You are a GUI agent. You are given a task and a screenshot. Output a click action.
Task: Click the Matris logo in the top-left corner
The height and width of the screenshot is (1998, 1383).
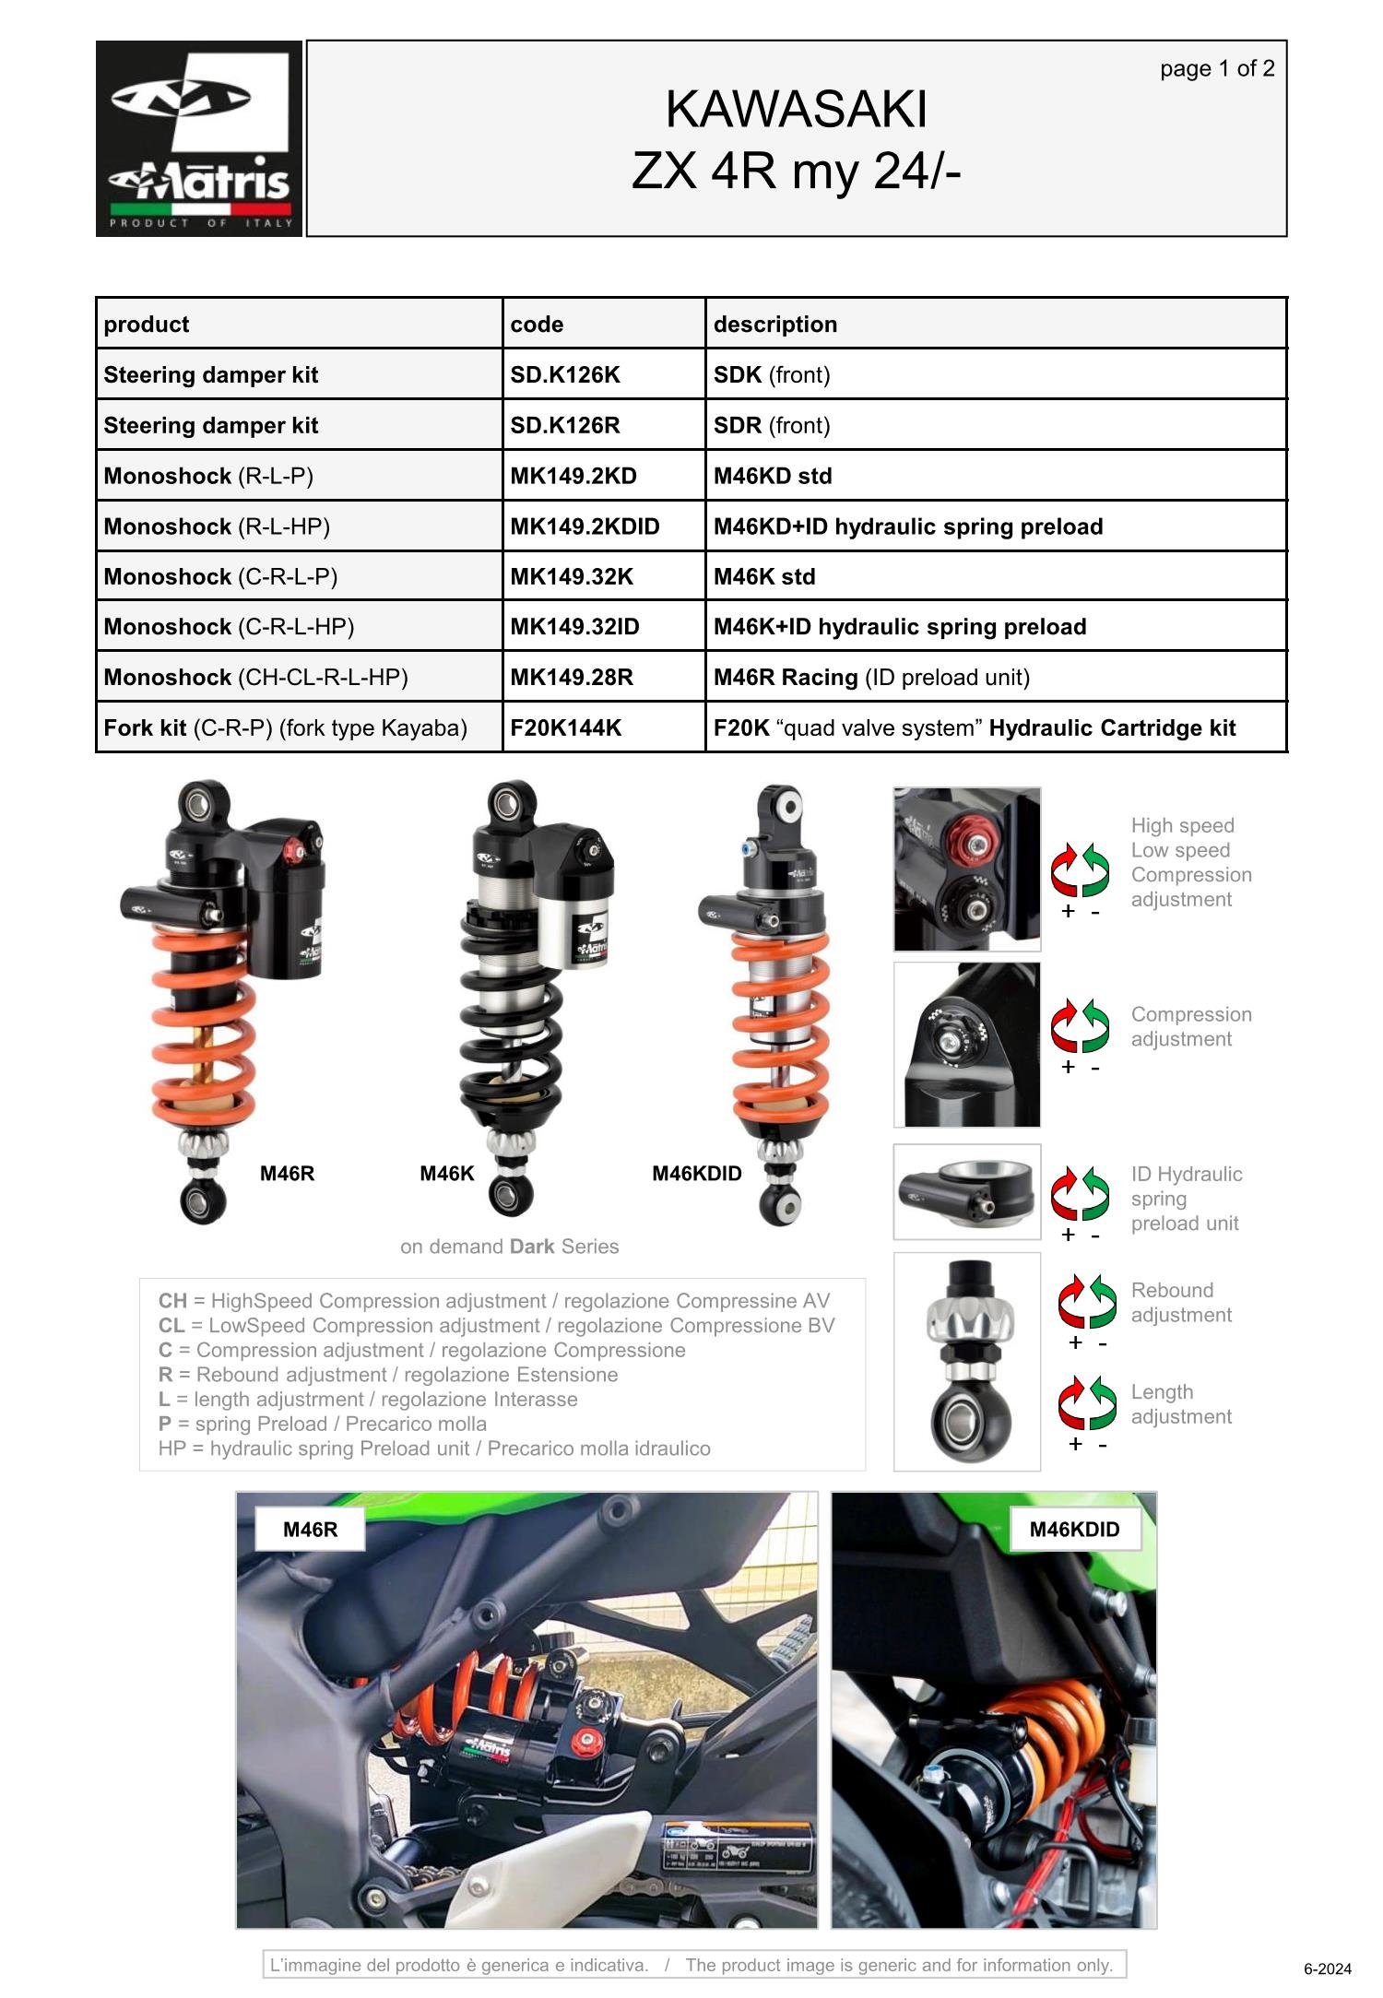tap(199, 138)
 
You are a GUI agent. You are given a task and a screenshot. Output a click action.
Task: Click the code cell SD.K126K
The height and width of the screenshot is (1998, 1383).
tap(565, 375)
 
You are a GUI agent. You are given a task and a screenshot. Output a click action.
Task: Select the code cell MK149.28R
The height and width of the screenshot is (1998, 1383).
tap(572, 678)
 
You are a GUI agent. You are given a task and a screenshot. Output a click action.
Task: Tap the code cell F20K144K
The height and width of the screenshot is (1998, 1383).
tap(566, 728)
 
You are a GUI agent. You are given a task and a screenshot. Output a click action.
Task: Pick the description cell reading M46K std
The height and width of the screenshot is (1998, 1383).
tap(764, 577)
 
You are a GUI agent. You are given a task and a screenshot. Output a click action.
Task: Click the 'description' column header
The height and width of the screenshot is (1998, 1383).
tap(775, 325)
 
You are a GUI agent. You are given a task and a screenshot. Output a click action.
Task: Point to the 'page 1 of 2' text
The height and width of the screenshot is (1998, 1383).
tap(1217, 69)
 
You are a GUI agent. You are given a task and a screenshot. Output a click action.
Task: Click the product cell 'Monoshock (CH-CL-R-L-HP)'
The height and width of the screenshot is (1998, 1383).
tap(255, 678)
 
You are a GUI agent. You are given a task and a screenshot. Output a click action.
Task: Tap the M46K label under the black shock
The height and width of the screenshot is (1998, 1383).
tap(447, 1174)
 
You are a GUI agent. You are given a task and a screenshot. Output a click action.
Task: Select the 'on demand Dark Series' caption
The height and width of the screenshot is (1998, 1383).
tap(509, 1247)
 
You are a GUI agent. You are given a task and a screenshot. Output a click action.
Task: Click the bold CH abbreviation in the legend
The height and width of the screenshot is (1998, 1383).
tap(172, 1301)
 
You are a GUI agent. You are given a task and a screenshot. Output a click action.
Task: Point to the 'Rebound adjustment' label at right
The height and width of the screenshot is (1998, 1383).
tap(1181, 1303)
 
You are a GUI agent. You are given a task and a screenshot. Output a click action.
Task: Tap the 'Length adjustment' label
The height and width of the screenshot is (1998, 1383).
tap(1181, 1404)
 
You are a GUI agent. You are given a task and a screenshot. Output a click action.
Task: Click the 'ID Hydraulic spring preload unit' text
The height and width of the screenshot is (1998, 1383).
tap(1186, 1199)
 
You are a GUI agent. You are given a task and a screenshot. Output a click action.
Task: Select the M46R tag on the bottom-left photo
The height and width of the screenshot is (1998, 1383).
tap(310, 1530)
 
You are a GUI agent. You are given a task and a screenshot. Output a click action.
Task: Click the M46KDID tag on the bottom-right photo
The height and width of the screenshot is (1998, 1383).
tap(1074, 1530)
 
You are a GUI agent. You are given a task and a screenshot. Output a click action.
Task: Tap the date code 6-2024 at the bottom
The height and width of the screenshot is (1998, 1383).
tap(1328, 1969)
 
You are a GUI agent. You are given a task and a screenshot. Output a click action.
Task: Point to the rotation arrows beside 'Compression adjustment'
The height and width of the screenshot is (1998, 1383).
tap(1081, 1024)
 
